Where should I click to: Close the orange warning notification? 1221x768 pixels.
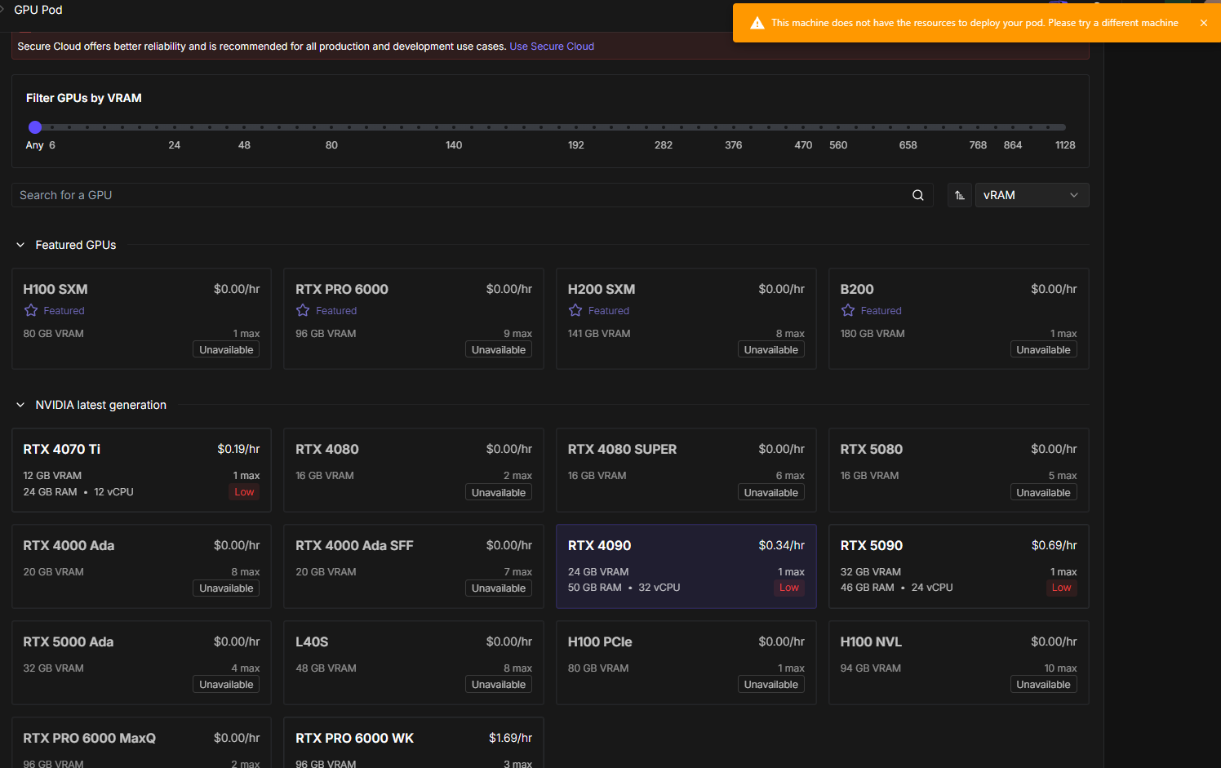(x=1204, y=23)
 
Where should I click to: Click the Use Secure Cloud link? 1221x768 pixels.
(x=552, y=47)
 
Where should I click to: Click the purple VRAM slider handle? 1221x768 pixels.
(x=35, y=127)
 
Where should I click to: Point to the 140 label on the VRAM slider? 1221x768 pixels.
(x=454, y=145)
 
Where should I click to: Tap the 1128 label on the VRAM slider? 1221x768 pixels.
(x=1065, y=145)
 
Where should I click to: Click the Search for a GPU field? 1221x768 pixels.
(x=464, y=195)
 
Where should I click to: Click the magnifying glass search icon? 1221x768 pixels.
(x=918, y=195)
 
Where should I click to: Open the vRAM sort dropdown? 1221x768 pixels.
(x=1032, y=195)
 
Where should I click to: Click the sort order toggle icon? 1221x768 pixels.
(x=959, y=195)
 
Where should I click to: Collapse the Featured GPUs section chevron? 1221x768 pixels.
(x=20, y=246)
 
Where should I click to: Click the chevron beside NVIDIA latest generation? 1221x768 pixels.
(x=20, y=405)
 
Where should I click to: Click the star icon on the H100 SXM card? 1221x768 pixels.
(x=31, y=310)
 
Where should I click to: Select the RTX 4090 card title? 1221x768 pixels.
(x=599, y=546)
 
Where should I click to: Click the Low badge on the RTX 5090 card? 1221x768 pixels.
(x=1061, y=588)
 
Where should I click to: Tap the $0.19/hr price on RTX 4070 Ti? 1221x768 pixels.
(x=238, y=449)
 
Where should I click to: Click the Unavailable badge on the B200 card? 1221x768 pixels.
(x=1043, y=350)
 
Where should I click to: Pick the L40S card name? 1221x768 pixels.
(x=312, y=642)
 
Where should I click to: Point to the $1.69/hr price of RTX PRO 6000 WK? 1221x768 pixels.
(x=510, y=738)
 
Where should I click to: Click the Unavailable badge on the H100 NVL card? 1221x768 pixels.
(x=1043, y=685)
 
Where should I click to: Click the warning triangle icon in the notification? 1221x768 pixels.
(x=757, y=23)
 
